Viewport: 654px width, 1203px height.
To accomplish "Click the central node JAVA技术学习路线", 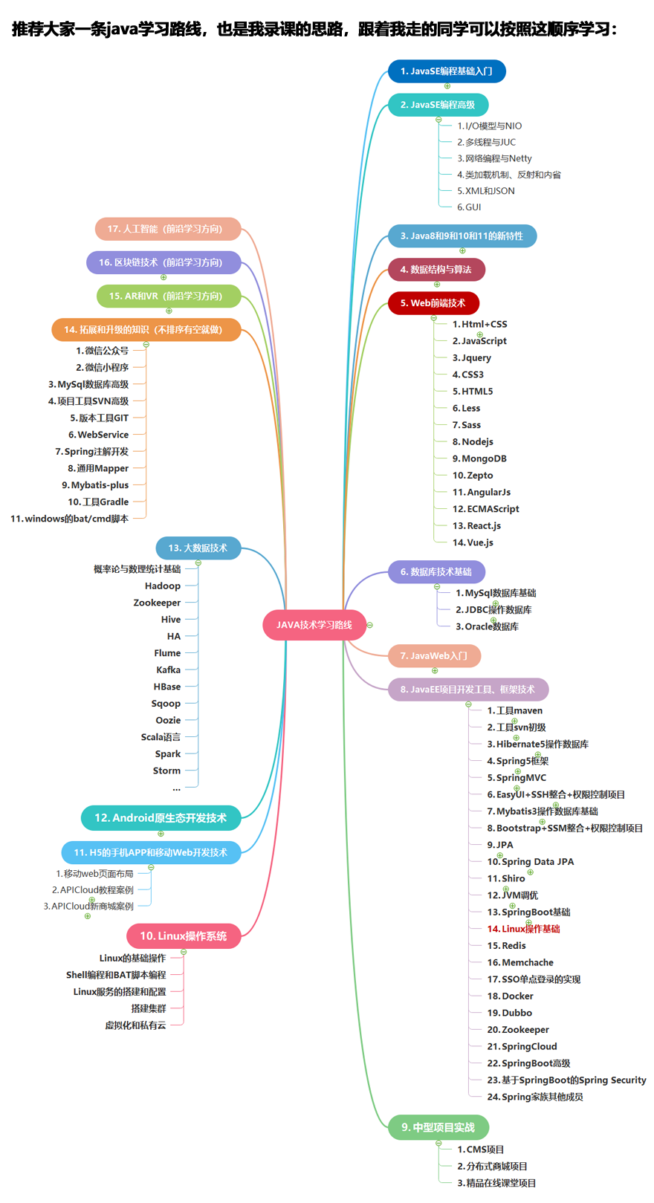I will [x=314, y=625].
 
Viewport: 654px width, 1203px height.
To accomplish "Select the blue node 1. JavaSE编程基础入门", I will [x=446, y=71].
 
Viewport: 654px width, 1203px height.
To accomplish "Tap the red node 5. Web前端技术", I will [x=433, y=303].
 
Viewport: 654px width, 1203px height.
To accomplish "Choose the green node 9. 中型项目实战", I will [x=438, y=1127].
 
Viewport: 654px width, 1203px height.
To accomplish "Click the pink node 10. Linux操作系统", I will [x=184, y=936].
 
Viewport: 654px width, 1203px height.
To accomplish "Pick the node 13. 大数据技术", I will [x=198, y=548].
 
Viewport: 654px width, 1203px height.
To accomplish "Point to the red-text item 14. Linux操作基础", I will [x=523, y=929].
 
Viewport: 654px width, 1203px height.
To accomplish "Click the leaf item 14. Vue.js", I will [x=473, y=542].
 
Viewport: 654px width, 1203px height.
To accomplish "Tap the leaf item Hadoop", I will [x=163, y=586].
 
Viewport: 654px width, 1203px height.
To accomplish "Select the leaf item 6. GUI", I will [x=469, y=207].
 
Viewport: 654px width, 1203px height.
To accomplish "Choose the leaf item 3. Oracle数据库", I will [x=487, y=626].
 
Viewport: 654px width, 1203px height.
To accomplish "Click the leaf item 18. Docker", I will [x=510, y=996].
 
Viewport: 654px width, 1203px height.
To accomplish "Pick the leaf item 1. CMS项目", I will [x=480, y=1150].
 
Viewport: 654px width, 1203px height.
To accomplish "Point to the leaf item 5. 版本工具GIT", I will [x=100, y=418].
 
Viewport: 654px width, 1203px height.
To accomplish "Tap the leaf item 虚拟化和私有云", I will [x=135, y=1025].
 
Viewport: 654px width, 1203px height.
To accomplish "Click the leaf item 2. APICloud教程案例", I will [x=93, y=890].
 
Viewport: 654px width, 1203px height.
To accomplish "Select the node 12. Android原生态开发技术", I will [x=161, y=818].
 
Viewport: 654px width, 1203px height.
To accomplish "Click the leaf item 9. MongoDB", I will [x=479, y=458].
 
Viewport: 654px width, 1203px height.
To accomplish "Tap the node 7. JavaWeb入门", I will [x=434, y=656].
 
